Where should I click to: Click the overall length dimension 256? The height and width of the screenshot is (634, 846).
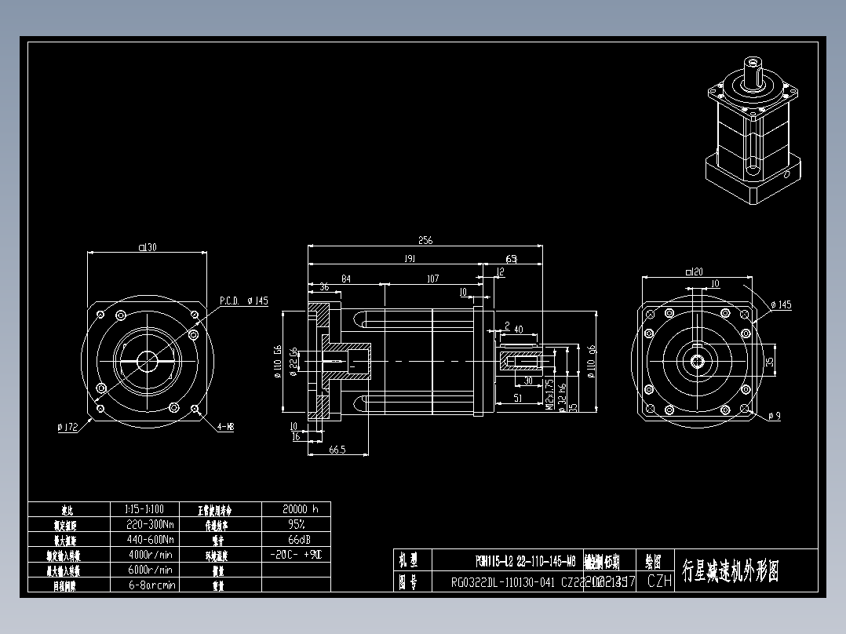[425, 240]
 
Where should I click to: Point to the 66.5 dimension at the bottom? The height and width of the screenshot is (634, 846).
[338, 450]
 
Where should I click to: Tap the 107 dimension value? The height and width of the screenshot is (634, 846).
[432, 279]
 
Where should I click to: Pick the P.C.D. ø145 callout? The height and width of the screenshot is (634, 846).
[243, 301]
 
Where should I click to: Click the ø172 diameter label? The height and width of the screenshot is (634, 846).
[68, 428]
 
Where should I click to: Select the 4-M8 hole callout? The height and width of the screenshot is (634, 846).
[225, 427]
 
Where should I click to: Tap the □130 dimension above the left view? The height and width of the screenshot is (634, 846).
[147, 247]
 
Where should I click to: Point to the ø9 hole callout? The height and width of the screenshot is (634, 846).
[775, 415]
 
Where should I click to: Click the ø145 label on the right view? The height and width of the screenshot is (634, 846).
[782, 304]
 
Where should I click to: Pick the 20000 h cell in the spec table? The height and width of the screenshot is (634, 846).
[296, 508]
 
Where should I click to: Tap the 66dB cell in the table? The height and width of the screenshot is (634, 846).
[296, 539]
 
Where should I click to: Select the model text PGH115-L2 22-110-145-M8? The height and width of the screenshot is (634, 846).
[525, 561]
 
